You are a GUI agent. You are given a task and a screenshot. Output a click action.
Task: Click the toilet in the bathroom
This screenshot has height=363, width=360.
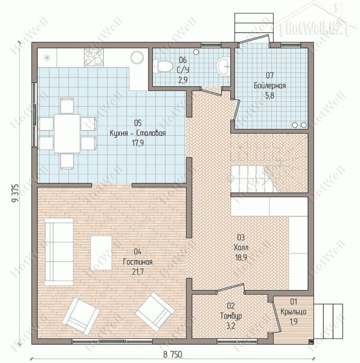[163, 66]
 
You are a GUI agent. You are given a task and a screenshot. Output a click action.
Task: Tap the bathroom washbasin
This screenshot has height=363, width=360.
[223, 66]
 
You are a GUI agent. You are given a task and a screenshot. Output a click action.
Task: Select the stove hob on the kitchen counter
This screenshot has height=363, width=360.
[94, 58]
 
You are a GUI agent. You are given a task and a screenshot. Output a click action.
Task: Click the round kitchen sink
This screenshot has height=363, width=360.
[137, 58]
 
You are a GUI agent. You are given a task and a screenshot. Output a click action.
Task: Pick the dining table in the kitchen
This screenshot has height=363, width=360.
[67, 134]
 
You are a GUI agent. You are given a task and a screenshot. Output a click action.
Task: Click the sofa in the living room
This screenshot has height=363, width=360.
[59, 251]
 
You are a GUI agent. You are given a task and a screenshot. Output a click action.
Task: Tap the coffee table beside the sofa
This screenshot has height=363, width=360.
[101, 253]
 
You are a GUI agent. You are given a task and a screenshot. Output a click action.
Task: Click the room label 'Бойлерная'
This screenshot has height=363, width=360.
[269, 86]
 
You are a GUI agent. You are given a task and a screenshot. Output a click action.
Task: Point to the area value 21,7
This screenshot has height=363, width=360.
[138, 272]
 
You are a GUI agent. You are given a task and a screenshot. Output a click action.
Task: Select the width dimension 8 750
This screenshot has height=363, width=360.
[172, 354]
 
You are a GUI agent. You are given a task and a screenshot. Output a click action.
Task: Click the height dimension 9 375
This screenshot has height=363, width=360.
[15, 193]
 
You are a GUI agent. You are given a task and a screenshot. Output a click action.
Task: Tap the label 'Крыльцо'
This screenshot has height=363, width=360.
[293, 312]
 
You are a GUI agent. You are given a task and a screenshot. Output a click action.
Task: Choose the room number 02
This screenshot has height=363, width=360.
[231, 306]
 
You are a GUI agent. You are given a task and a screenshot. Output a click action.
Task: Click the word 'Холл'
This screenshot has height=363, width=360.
[241, 247]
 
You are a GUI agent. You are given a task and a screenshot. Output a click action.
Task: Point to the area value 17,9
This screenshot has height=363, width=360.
[138, 143]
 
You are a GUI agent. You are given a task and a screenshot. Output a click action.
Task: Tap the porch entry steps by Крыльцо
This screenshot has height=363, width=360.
[328, 321]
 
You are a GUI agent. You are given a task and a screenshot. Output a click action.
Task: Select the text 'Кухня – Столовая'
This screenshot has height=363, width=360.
[138, 133]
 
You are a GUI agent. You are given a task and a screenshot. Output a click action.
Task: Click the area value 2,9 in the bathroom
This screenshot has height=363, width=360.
[183, 80]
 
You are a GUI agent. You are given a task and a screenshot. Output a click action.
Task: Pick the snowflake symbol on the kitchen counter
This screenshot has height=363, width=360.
[47, 57]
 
